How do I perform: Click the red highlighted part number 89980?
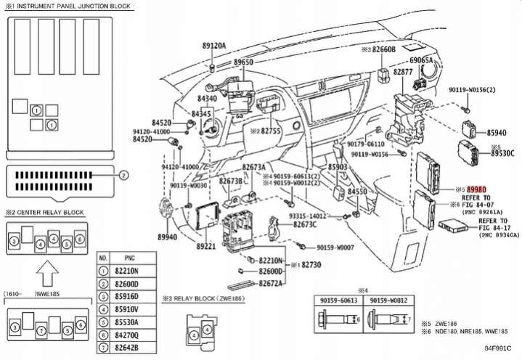click(x=477, y=188)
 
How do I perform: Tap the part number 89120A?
click(x=213, y=45)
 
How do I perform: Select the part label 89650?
click(x=243, y=63)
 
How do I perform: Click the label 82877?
click(x=404, y=73)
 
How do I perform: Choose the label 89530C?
click(x=502, y=153)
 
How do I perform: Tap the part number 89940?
click(x=167, y=237)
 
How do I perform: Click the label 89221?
click(x=206, y=247)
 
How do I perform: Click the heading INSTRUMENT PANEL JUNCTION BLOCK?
click(x=73, y=5)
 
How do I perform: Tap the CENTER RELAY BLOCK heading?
click(x=58, y=213)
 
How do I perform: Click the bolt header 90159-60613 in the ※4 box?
click(x=337, y=300)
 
